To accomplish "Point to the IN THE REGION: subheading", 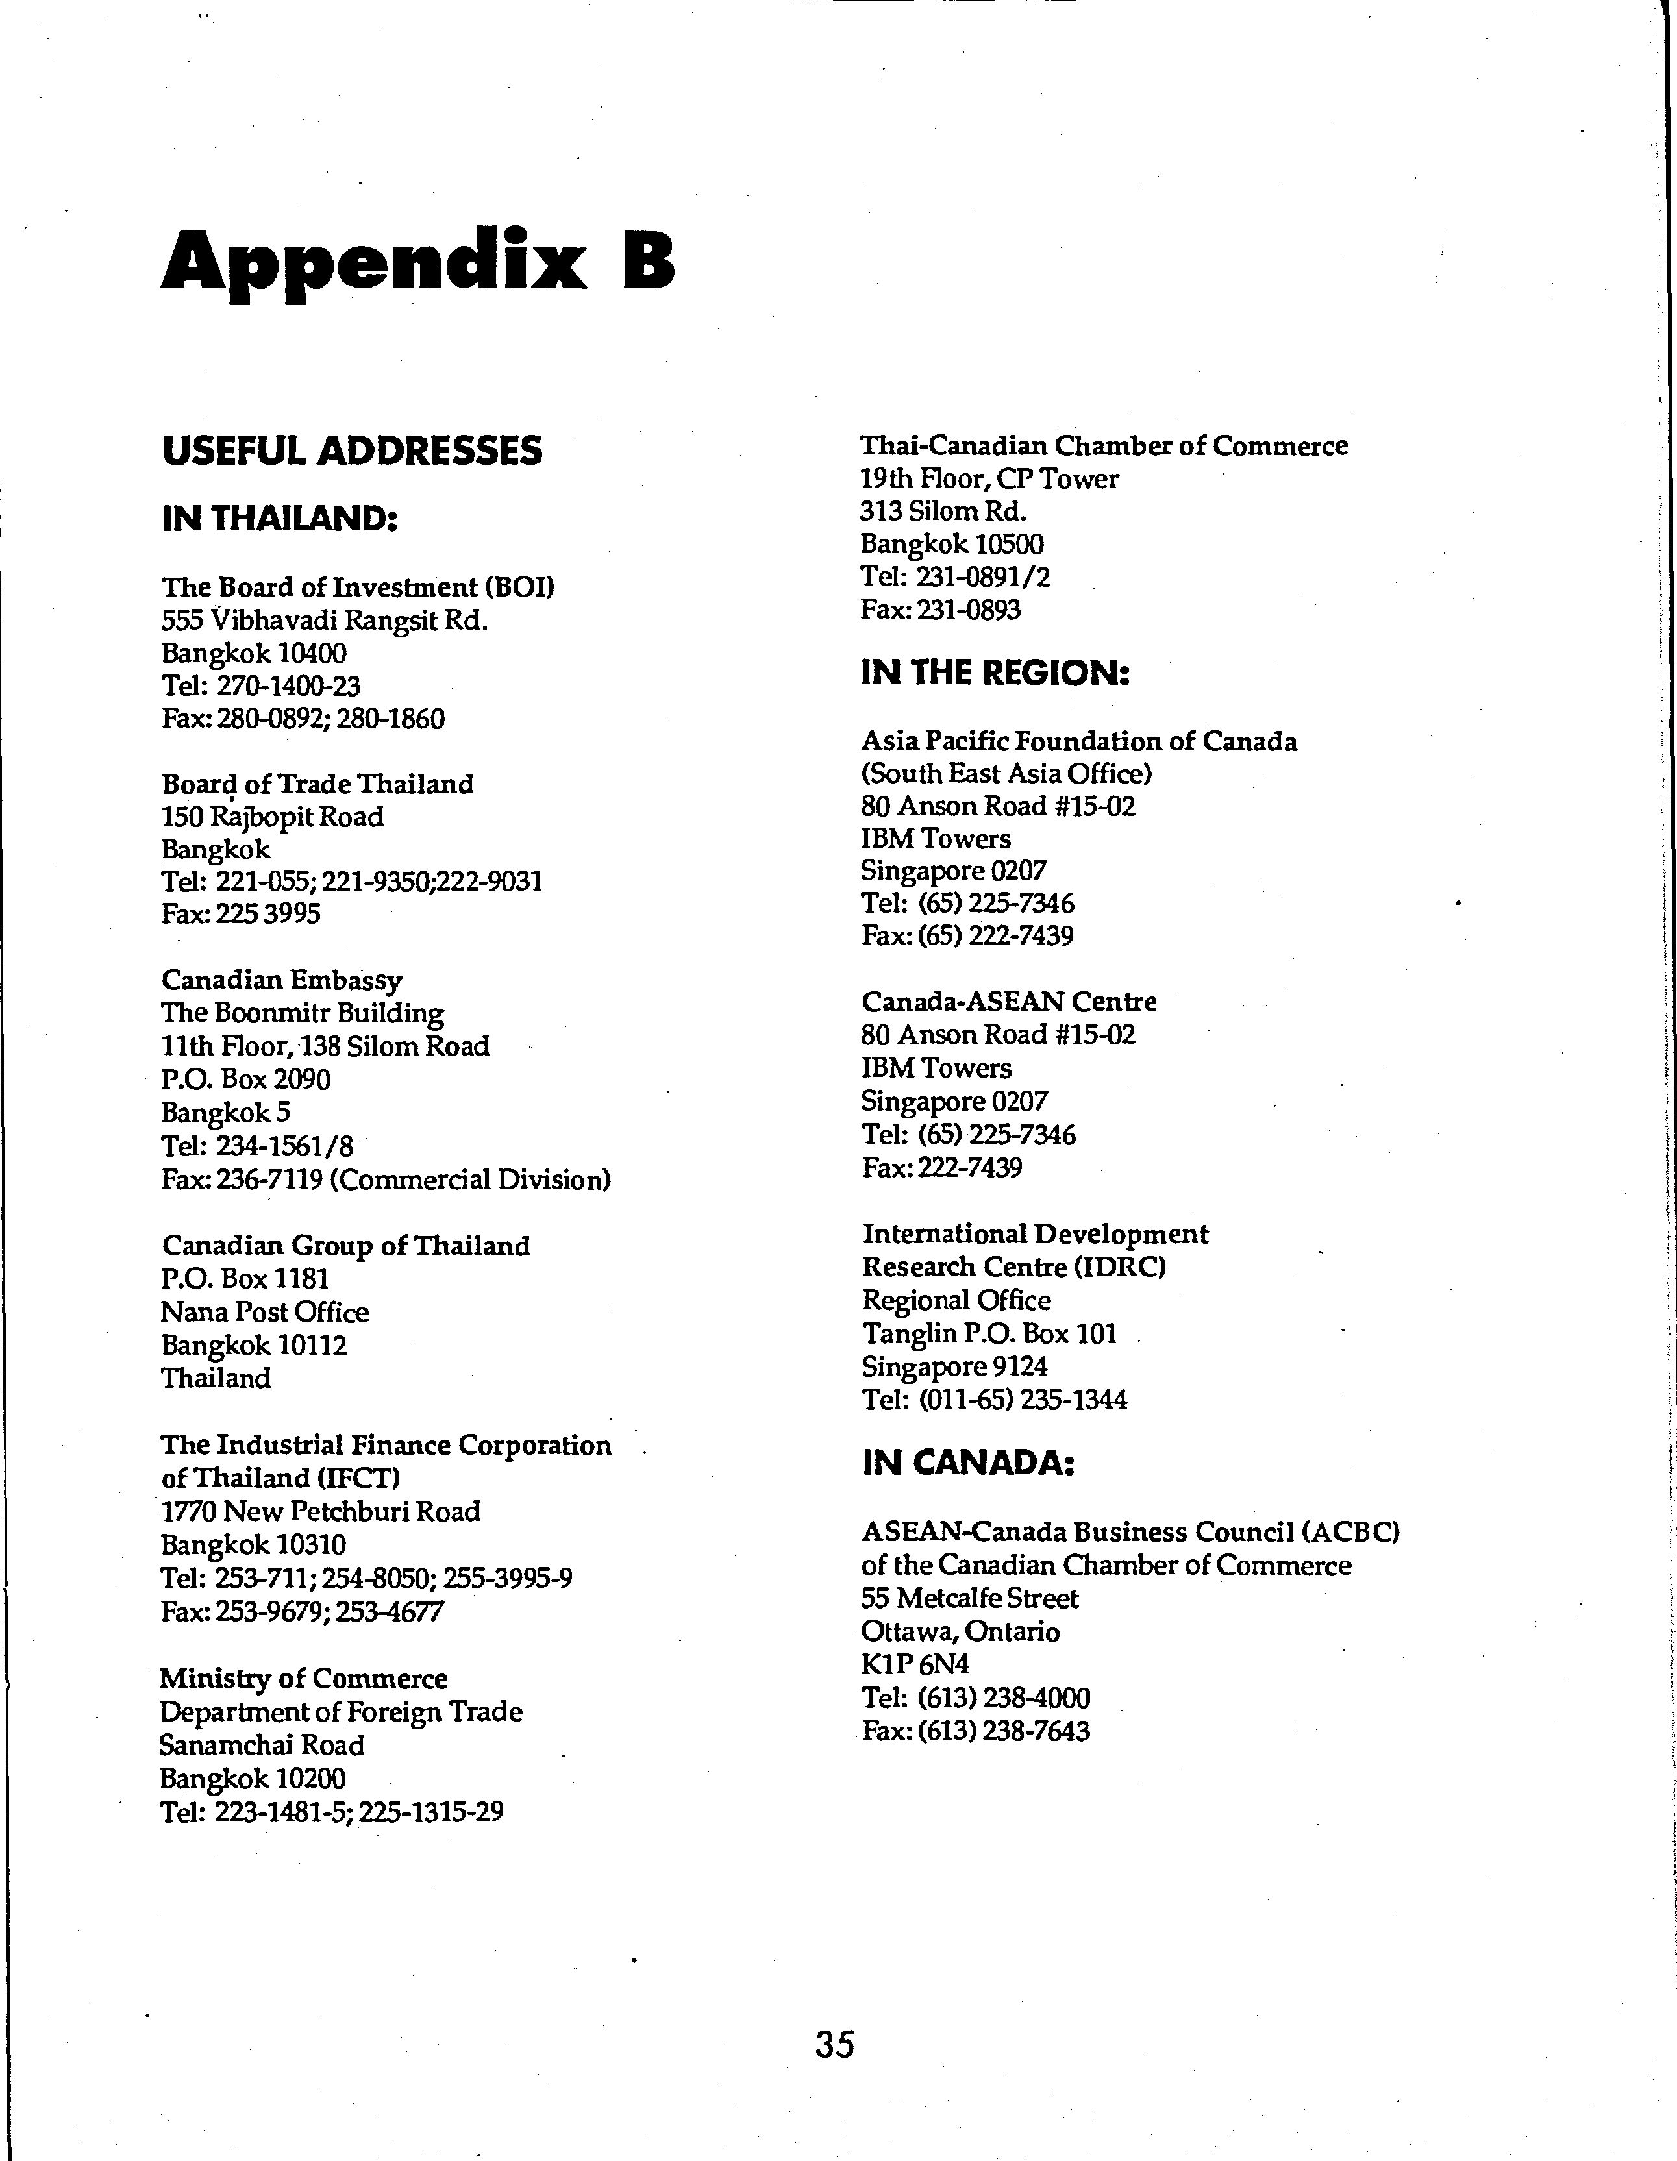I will click(995, 673).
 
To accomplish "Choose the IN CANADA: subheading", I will click(967, 1463).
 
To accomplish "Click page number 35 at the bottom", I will click(834, 2044).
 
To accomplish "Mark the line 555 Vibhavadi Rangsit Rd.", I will click(325, 621).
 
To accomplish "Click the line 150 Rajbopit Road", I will click(272, 817).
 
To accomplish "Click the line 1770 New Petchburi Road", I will click(321, 1511).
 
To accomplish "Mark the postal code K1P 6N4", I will click(915, 1664).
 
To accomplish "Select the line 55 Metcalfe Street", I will click(969, 1598).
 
